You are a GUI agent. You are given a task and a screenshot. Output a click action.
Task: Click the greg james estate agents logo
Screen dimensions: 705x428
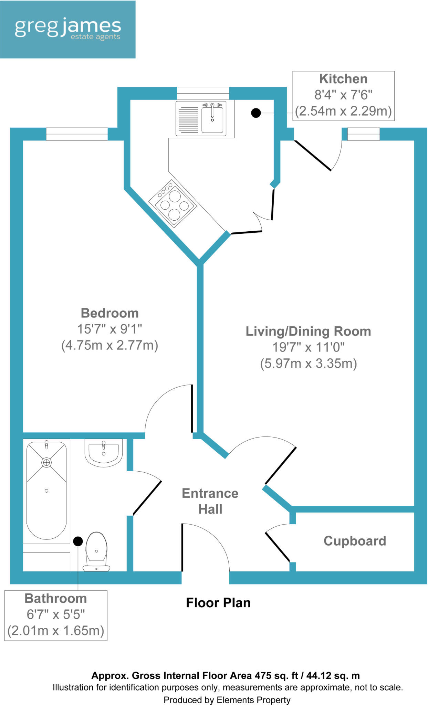pyautogui.click(x=67, y=29)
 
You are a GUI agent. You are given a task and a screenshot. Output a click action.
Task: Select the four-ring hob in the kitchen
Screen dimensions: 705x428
pyautogui.click(x=173, y=204)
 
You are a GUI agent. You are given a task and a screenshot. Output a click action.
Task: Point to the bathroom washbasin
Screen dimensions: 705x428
pyautogui.click(x=103, y=452)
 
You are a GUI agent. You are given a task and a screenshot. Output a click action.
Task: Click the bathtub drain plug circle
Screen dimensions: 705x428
pyautogui.click(x=46, y=462)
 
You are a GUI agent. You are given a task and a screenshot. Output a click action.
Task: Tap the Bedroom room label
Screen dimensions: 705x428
pyautogui.click(x=109, y=313)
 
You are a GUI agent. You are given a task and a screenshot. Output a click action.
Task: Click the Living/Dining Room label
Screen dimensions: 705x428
pyautogui.click(x=308, y=331)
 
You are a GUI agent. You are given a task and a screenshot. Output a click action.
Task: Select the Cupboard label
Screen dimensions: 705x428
pyautogui.click(x=355, y=541)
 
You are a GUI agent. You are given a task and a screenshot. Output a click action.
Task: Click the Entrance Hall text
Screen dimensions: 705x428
pyautogui.click(x=210, y=501)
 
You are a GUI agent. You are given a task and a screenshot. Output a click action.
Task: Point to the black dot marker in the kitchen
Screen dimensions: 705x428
pyautogui.click(x=256, y=113)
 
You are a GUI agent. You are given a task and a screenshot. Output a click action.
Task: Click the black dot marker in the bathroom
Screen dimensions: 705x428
pyautogui.click(x=78, y=541)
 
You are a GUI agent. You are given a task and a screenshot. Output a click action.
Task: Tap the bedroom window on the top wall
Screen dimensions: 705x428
pyautogui.click(x=77, y=134)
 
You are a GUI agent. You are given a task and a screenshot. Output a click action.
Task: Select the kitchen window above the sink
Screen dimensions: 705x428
pyautogui.click(x=203, y=93)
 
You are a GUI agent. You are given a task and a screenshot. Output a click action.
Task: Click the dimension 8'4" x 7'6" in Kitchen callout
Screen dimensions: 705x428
pyautogui.click(x=343, y=95)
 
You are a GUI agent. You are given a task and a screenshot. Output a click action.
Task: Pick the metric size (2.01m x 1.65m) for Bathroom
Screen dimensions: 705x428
pyautogui.click(x=56, y=630)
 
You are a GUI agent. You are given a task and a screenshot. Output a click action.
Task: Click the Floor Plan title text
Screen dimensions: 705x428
pyautogui.click(x=218, y=603)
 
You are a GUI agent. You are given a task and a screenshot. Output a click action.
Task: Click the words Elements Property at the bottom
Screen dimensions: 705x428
pyautogui.click(x=253, y=700)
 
